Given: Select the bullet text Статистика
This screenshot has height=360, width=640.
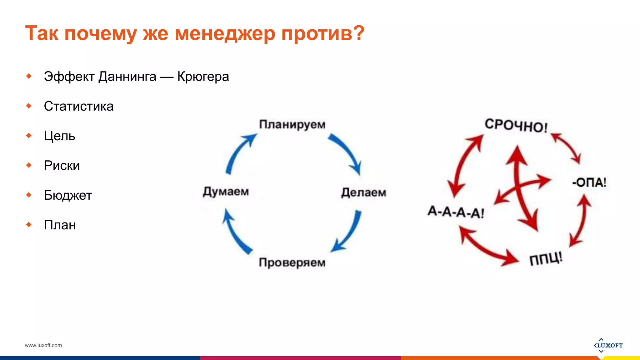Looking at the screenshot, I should coord(78,106).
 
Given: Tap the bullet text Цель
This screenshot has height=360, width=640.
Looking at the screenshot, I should coord(59,136).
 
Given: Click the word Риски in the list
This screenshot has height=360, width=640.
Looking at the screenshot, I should coord(62,166).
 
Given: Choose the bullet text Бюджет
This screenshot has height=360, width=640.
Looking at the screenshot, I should coord(68,195).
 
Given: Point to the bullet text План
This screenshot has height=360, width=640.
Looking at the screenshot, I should coord(60,225).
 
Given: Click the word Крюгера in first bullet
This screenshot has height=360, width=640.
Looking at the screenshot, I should coord(203,77).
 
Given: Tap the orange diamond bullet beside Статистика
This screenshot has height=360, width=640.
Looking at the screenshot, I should coord(29,106).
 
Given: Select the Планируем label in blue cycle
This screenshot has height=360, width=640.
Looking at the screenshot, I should coord(292,124).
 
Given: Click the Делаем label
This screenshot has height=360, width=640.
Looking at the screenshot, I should coord(363,192).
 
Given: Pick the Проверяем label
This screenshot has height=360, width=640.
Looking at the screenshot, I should coord(292,262).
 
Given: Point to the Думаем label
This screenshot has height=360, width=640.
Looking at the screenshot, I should coord(226,191).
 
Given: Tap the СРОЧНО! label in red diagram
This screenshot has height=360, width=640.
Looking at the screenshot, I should coord(516,126).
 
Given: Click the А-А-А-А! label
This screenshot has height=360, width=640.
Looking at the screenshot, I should coord(456,212).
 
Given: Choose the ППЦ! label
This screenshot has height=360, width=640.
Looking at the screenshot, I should coord(546,259).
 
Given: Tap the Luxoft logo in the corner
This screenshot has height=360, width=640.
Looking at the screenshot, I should coord(608,345).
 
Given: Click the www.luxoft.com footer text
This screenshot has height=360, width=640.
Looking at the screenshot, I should coord(43,345).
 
